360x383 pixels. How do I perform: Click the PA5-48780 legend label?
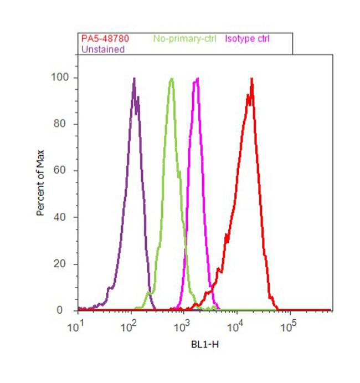(102, 39)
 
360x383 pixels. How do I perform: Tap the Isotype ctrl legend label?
(248, 39)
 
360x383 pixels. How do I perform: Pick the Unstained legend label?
(103, 49)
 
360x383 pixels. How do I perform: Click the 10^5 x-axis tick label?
(288, 325)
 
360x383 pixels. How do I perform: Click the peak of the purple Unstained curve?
(134, 78)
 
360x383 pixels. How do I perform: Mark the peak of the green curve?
(172, 78)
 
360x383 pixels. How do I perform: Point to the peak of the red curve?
(252, 78)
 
